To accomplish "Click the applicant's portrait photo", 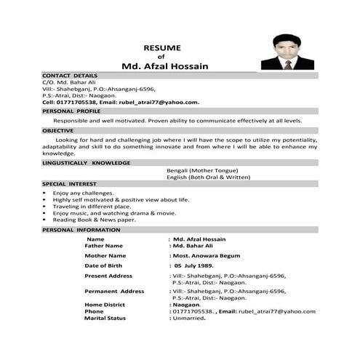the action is [x=287, y=51].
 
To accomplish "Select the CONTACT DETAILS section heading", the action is [x=70, y=76].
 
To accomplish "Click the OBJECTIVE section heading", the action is [x=58, y=130].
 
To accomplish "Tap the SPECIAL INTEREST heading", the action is [x=69, y=184].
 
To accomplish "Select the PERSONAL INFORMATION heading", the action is [x=81, y=229].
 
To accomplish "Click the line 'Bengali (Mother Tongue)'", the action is [x=202, y=170].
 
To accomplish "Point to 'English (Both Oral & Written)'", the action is [x=207, y=177].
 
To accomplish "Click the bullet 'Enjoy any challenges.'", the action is [x=84, y=193].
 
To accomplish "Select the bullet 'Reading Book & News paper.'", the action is [x=94, y=219].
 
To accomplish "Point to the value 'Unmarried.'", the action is [x=188, y=318].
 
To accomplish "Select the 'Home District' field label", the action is [x=106, y=304].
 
